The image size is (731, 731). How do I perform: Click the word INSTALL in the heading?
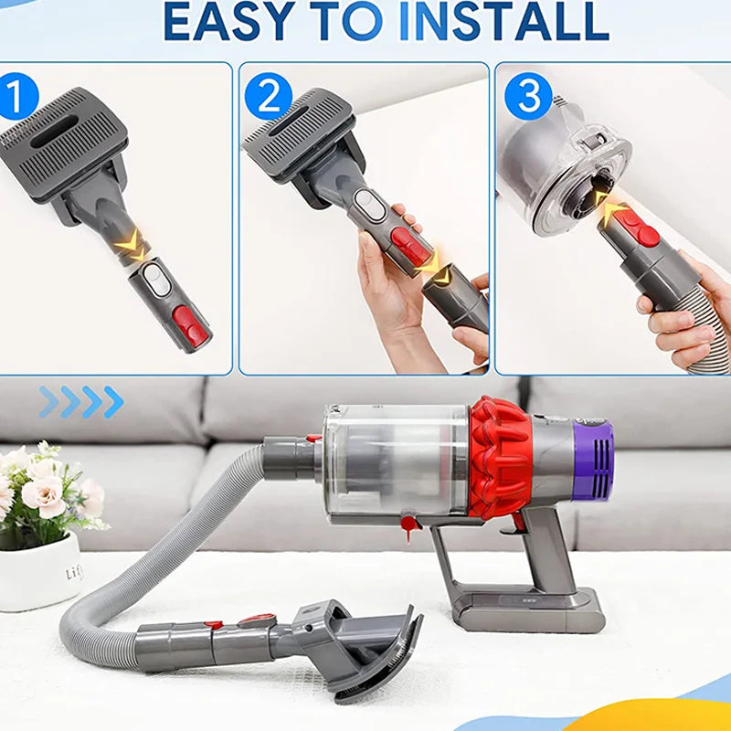504,22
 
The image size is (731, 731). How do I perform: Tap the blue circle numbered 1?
16,97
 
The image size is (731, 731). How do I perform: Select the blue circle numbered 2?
268,96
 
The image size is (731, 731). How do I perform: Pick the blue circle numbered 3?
528,96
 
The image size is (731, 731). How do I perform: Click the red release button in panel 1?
190,326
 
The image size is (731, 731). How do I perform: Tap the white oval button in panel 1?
157,280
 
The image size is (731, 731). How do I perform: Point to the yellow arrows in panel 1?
132,245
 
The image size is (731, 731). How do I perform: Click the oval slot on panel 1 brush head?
55,132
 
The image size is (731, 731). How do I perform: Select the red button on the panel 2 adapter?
410,245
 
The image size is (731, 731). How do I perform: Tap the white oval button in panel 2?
370,205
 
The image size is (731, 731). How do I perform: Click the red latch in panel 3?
636,228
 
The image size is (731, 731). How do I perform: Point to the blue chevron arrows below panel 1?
81,402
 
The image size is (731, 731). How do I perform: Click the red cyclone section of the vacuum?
500,458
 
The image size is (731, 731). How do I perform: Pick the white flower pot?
39,573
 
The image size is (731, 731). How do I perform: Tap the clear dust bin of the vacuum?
396,461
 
